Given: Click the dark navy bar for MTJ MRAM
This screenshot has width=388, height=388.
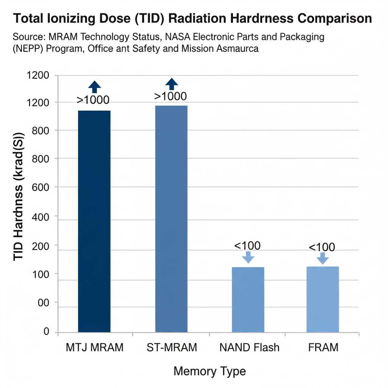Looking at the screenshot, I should tap(94, 221).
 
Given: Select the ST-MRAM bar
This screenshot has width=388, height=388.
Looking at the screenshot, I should tap(171, 219).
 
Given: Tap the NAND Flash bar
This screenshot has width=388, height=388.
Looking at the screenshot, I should tap(248, 299).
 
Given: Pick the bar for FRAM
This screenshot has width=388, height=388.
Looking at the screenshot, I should tap(322, 299).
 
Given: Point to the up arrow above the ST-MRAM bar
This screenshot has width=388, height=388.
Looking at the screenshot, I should tap(172, 84).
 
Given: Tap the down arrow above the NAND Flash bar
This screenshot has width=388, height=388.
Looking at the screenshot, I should tap(248, 257).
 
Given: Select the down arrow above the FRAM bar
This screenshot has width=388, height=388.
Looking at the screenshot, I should tap(322, 258).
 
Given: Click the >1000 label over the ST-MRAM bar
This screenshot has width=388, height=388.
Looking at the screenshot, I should tap(171, 97).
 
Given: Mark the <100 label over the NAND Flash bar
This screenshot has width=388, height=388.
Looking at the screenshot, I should tap(247, 246).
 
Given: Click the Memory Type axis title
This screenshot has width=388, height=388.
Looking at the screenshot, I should tap(210, 371).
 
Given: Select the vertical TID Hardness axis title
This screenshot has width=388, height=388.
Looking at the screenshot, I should tap(19, 197).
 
